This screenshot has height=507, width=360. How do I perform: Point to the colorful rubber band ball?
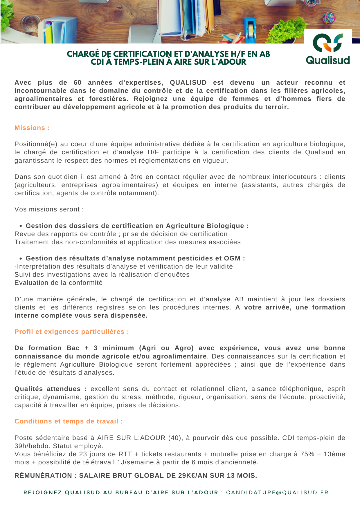click(329, 18)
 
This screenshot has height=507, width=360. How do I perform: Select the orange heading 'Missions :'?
click(32, 128)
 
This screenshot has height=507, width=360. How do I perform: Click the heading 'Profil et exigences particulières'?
click(71, 332)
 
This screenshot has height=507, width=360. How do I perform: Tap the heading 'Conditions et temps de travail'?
click(69, 421)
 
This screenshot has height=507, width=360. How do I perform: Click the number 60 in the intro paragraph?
click(78, 83)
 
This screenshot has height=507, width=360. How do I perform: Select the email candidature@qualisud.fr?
click(277, 492)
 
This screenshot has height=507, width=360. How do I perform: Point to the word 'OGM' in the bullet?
click(232, 258)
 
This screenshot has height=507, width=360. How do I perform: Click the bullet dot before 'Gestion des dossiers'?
click(21, 226)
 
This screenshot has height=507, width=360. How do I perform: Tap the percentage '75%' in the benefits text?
click(307, 454)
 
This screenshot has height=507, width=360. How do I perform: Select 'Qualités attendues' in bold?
click(48, 389)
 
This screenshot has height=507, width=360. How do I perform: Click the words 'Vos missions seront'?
click(49, 209)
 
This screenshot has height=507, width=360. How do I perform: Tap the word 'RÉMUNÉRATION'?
click(43, 476)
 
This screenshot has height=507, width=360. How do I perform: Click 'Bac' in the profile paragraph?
click(73, 348)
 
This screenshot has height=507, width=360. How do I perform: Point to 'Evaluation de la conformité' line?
click(58, 283)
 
